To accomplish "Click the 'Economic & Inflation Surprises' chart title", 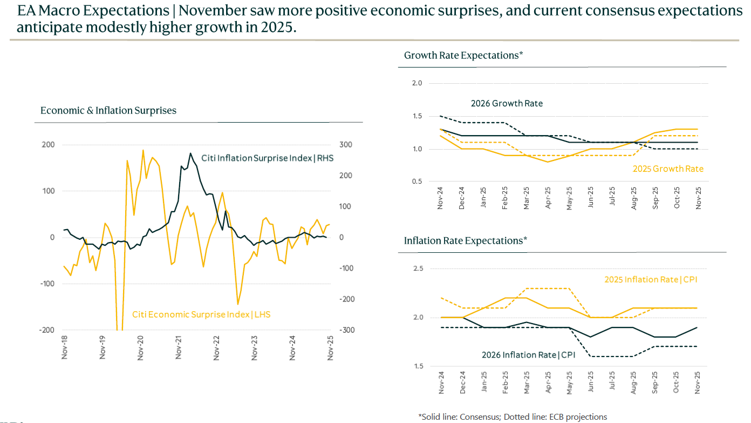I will [108, 111].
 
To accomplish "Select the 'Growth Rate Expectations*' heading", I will [463, 55].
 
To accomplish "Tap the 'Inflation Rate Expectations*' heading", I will [465, 240].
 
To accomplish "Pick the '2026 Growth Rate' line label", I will [507, 103].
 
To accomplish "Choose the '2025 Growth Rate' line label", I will [668, 169].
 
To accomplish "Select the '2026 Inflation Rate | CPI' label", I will [529, 355].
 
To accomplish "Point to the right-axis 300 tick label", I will [345, 145].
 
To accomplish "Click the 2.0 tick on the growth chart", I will [417, 83].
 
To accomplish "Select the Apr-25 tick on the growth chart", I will [548, 198].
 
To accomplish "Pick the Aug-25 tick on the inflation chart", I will [634, 382].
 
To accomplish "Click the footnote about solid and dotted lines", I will [513, 417].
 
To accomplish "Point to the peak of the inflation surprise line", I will [190, 153].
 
